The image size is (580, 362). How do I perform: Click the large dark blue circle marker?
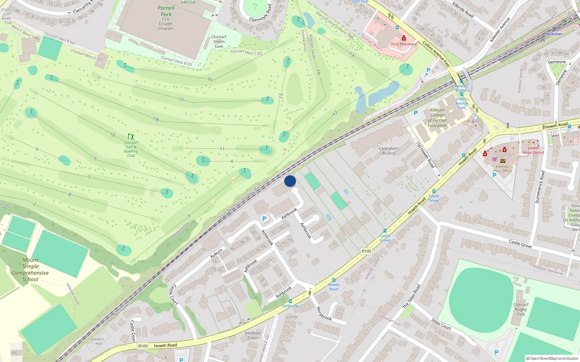coord(290,181)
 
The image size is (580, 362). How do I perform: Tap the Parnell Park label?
coord(166,11)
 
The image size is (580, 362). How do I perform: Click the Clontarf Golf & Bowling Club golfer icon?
coord(131,136)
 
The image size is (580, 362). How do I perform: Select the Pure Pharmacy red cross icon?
coord(404,38)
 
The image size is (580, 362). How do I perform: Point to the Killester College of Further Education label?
coord(437,118)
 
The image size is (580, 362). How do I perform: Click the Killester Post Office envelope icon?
coord(502,161)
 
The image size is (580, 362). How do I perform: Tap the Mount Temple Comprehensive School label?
coord(30,270)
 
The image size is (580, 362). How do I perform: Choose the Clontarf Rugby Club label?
coord(521,310)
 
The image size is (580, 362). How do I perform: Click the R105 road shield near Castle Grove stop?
coord(366,251)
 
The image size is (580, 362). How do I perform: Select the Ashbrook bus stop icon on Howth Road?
coord(290,301)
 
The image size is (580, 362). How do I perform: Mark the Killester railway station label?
coord(554,34)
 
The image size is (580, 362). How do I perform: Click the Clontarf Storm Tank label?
coord(219,42)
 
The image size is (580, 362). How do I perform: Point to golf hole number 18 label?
coord(156,119)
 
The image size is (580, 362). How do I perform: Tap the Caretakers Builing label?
coord(389,151)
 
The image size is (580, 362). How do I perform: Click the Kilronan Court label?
coord(253,336)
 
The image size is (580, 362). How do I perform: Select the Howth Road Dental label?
coord(533,150)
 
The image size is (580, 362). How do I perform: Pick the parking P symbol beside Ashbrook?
coord(264,219)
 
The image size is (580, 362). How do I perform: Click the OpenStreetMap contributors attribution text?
coord(552,358)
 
